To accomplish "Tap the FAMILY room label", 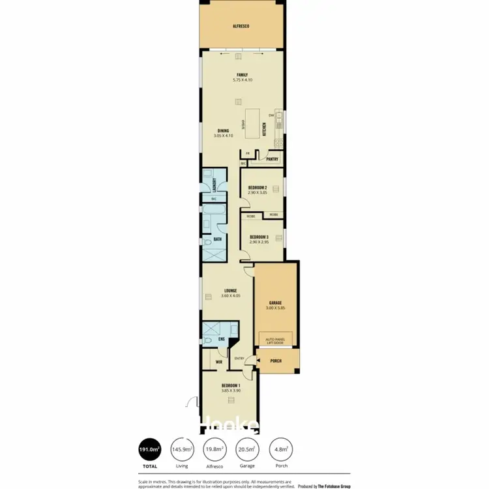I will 241,74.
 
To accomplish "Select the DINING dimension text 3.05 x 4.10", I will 224,136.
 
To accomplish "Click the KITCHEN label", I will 264,129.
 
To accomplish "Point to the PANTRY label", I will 273,158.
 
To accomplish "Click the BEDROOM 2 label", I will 258,187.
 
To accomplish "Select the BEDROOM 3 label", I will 258,237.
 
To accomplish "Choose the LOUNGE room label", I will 230,290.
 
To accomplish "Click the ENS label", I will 221,339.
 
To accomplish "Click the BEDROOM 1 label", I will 230,386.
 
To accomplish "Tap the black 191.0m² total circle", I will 150,449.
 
